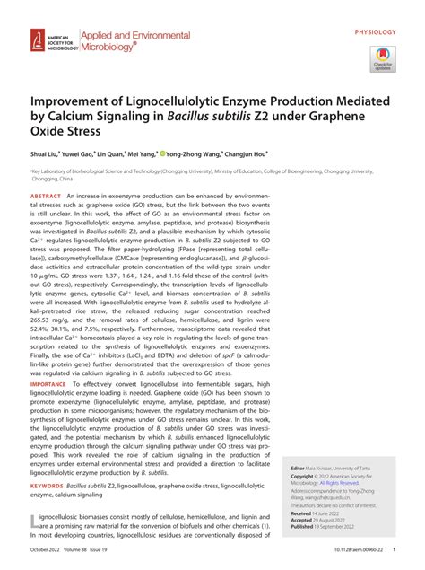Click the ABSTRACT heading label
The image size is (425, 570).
45,195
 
